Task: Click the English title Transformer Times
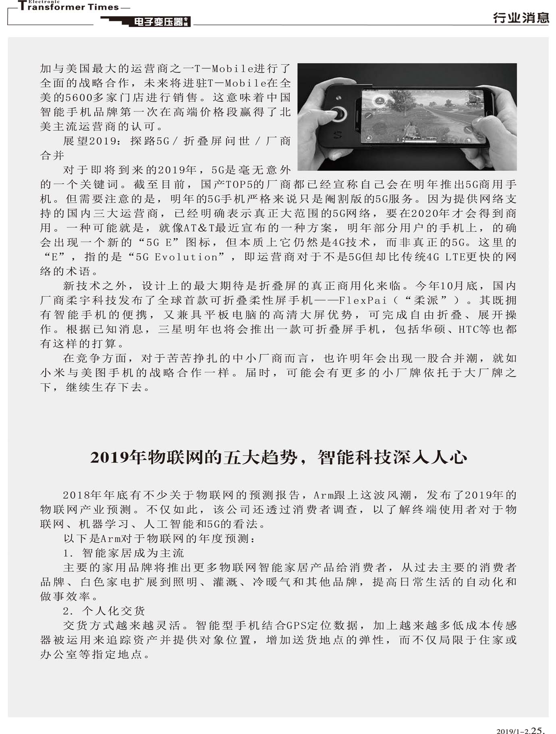(x=68, y=7)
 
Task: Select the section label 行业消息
(x=521, y=18)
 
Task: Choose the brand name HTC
(x=469, y=330)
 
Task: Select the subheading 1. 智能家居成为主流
(x=123, y=553)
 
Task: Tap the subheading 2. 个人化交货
(x=104, y=611)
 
